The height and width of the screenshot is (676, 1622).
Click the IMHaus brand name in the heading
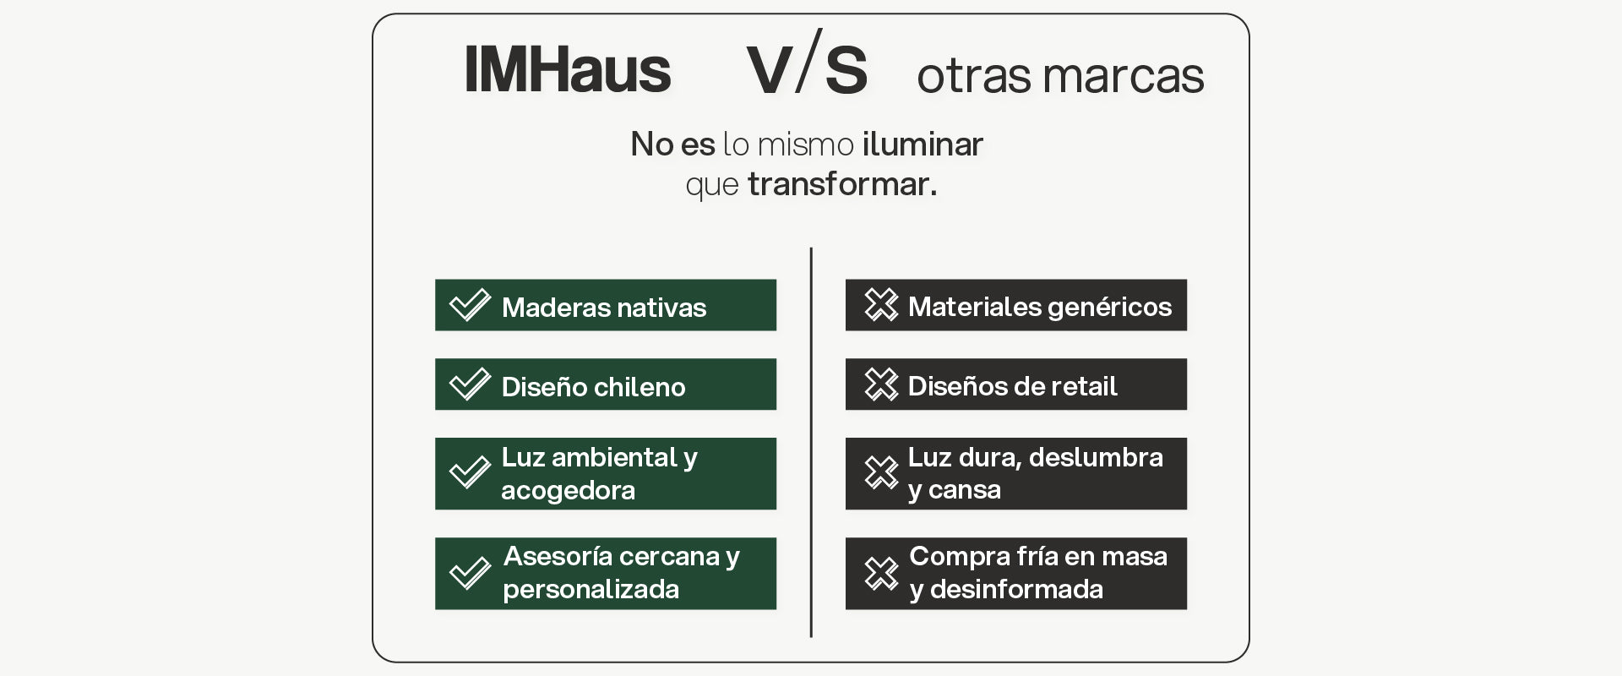(x=568, y=69)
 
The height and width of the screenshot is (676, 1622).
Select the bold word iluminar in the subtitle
(x=923, y=144)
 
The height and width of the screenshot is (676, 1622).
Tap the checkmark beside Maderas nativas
(x=470, y=305)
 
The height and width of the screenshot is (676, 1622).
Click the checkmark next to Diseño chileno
(x=470, y=384)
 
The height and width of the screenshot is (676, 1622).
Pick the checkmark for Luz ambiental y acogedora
(x=470, y=472)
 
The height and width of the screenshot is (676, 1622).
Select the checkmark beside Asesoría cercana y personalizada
(x=470, y=573)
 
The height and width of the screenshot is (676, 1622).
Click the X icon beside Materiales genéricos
(x=881, y=305)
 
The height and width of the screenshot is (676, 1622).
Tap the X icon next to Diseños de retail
(x=881, y=384)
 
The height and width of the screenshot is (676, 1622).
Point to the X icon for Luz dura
(x=881, y=472)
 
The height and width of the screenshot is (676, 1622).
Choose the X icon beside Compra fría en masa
(x=881, y=573)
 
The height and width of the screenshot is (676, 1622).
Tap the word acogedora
(x=568, y=490)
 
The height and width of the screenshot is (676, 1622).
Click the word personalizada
(x=591, y=589)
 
